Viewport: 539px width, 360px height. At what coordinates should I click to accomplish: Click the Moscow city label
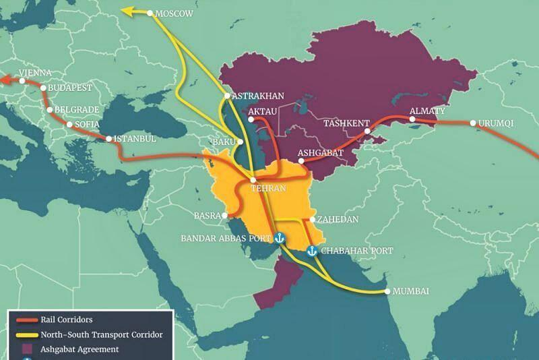(x=175, y=13)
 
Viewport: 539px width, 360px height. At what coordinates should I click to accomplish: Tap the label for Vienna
(x=35, y=71)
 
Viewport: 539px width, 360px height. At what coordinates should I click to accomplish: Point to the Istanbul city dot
(x=110, y=140)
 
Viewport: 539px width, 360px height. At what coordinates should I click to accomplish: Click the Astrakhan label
(x=257, y=96)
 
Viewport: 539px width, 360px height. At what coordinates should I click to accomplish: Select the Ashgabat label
(x=323, y=152)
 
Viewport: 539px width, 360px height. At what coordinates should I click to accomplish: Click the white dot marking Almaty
(x=412, y=120)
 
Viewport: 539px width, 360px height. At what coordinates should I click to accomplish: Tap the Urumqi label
(x=495, y=124)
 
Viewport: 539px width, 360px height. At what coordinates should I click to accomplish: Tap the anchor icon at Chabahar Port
(x=312, y=251)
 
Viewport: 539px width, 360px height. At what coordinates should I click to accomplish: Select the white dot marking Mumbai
(x=387, y=291)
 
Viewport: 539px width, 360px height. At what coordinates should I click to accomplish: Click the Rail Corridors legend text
(x=66, y=320)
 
